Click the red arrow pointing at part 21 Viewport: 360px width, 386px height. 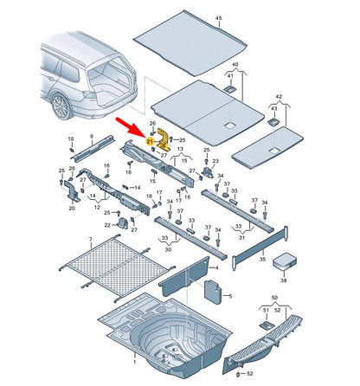click(130, 127)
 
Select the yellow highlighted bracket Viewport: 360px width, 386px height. click(164, 140)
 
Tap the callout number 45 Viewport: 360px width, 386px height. click(219, 18)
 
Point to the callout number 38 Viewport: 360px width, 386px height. click(284, 280)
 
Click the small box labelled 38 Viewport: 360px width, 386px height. click(285, 261)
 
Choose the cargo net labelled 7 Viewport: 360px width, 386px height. click(117, 267)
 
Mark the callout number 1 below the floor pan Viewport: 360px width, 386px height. click(134, 362)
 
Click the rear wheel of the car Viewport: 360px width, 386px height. click(61, 106)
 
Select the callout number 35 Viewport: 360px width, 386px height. click(262, 260)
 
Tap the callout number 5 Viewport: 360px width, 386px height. click(230, 296)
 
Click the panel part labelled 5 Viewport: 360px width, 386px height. click(213, 292)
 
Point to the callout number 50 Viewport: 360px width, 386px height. click(274, 298)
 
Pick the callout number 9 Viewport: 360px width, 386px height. click(92, 136)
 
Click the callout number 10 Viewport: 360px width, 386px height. click(71, 139)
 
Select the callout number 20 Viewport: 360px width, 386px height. click(72, 208)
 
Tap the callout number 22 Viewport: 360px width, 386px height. click(107, 225)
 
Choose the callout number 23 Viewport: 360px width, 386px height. click(215, 161)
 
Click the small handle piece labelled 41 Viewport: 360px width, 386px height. click(230, 88)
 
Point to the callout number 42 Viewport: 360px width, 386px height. click(279, 96)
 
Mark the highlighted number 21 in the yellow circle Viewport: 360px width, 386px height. click(150, 142)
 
